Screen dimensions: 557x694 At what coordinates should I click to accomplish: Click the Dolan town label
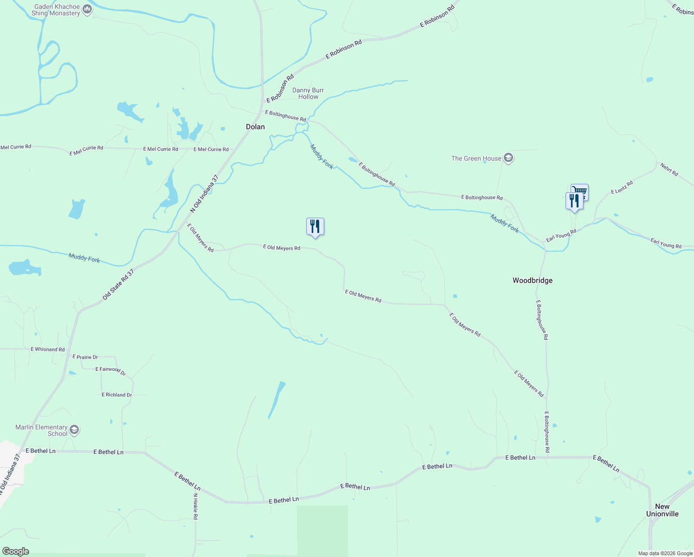(x=255, y=127)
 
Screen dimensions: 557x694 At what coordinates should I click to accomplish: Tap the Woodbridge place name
(x=532, y=280)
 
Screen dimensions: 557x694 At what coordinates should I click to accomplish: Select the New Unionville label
(x=662, y=510)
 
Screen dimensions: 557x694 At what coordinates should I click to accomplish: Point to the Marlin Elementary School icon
(x=74, y=430)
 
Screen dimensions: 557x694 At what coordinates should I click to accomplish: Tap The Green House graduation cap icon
(x=508, y=158)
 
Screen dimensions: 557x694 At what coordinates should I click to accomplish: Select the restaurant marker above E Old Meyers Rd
(x=315, y=227)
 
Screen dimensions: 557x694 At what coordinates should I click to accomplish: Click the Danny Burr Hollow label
(x=308, y=93)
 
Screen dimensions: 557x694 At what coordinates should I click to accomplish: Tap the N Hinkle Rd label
(x=195, y=506)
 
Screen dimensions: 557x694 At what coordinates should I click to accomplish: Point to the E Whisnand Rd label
(x=47, y=349)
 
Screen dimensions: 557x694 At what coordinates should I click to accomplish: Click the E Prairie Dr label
(x=85, y=357)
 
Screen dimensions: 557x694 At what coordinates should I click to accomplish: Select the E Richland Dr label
(x=116, y=395)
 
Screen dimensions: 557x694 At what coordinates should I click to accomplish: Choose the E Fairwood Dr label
(x=110, y=370)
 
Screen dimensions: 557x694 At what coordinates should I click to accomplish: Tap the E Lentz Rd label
(x=622, y=188)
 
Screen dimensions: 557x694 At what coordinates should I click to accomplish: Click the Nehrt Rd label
(x=669, y=169)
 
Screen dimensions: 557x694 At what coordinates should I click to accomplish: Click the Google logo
(x=15, y=551)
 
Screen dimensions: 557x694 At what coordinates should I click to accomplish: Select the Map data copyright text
(x=665, y=553)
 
